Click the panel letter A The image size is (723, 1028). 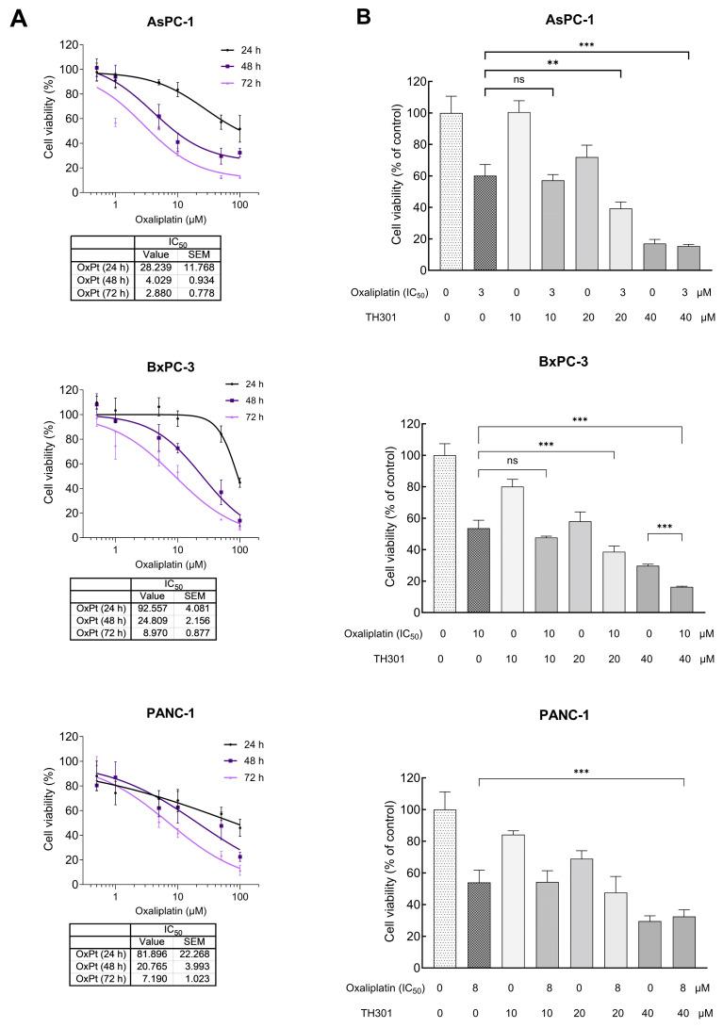(17, 19)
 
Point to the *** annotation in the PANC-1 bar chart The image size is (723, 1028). (582, 770)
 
